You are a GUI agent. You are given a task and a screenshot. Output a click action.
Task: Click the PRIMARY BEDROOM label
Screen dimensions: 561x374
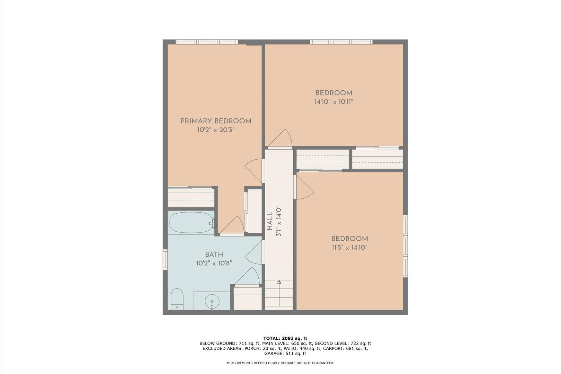(216, 121)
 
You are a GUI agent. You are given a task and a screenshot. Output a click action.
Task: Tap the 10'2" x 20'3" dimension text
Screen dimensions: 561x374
(216, 130)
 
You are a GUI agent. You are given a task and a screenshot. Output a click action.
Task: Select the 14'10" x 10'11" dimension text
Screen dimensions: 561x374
(334, 102)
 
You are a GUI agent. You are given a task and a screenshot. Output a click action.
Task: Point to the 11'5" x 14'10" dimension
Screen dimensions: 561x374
(350, 248)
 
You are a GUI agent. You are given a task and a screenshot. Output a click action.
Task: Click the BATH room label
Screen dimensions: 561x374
(214, 255)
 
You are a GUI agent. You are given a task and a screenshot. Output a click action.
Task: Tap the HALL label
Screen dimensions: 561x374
(270, 221)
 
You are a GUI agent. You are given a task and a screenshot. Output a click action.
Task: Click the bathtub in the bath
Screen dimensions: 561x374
(192, 223)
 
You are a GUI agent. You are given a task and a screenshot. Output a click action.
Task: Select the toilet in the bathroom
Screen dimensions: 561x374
(177, 299)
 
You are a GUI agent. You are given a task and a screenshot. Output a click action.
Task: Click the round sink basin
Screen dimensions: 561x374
(212, 301)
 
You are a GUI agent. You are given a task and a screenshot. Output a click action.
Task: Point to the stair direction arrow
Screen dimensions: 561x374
(279, 293)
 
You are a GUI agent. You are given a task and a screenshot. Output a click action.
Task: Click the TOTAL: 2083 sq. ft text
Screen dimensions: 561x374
(285, 338)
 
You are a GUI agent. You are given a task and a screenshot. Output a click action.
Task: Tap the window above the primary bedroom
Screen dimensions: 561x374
(207, 42)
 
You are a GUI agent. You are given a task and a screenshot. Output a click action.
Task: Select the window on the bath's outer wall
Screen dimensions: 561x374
(165, 259)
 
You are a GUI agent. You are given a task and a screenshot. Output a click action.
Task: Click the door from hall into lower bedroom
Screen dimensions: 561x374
(304, 187)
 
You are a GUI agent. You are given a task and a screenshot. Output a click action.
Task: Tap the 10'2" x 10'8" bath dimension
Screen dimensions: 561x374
(214, 263)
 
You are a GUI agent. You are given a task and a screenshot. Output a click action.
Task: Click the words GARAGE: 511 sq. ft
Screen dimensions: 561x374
(285, 354)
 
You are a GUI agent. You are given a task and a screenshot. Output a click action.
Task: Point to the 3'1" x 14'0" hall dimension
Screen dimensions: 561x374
(279, 221)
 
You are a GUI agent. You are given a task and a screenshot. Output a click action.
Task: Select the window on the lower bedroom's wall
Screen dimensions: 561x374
(405, 246)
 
